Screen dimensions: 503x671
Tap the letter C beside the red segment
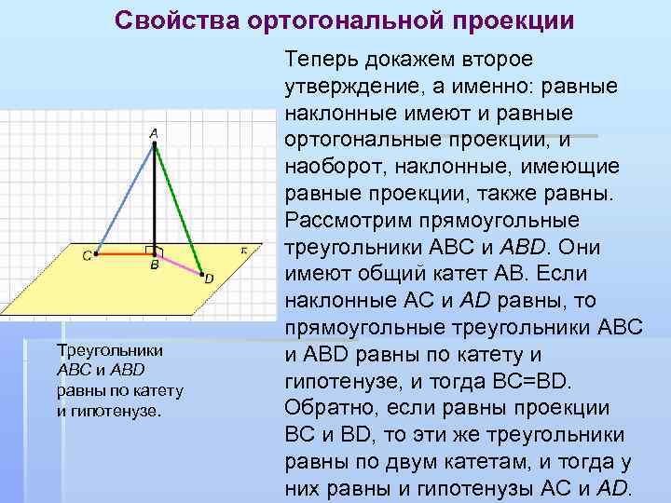point(86,256)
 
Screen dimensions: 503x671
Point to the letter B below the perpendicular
point(155,265)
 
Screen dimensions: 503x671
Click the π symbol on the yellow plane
point(243,250)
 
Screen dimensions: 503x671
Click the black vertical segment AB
point(153,196)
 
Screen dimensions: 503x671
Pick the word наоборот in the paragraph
point(332,167)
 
